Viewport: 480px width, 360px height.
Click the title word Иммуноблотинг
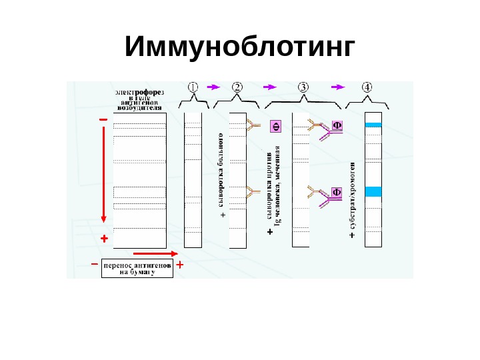pyautogui.click(x=239, y=48)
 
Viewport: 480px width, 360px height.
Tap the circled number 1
pyautogui.click(x=193, y=87)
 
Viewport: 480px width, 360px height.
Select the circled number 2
pyautogui.click(x=237, y=87)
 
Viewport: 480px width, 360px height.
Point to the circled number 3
pyautogui.click(x=303, y=87)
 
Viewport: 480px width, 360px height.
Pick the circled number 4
pyautogui.click(x=367, y=87)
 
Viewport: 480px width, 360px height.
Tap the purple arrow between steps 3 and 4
pyautogui.click(x=339, y=87)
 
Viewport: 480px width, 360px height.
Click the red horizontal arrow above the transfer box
pyautogui.click(x=155, y=253)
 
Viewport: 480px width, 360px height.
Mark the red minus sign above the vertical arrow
pyautogui.click(x=103, y=119)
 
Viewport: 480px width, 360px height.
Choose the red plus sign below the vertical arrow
pyautogui.click(x=103, y=238)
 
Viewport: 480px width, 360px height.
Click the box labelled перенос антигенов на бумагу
pyautogui.click(x=137, y=268)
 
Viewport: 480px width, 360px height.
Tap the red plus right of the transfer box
pyautogui.click(x=180, y=265)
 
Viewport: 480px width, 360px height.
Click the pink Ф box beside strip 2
pyautogui.click(x=275, y=127)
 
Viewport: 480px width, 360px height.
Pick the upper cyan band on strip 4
pyautogui.click(x=373, y=125)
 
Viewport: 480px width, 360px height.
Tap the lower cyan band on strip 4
pyautogui.click(x=373, y=192)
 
